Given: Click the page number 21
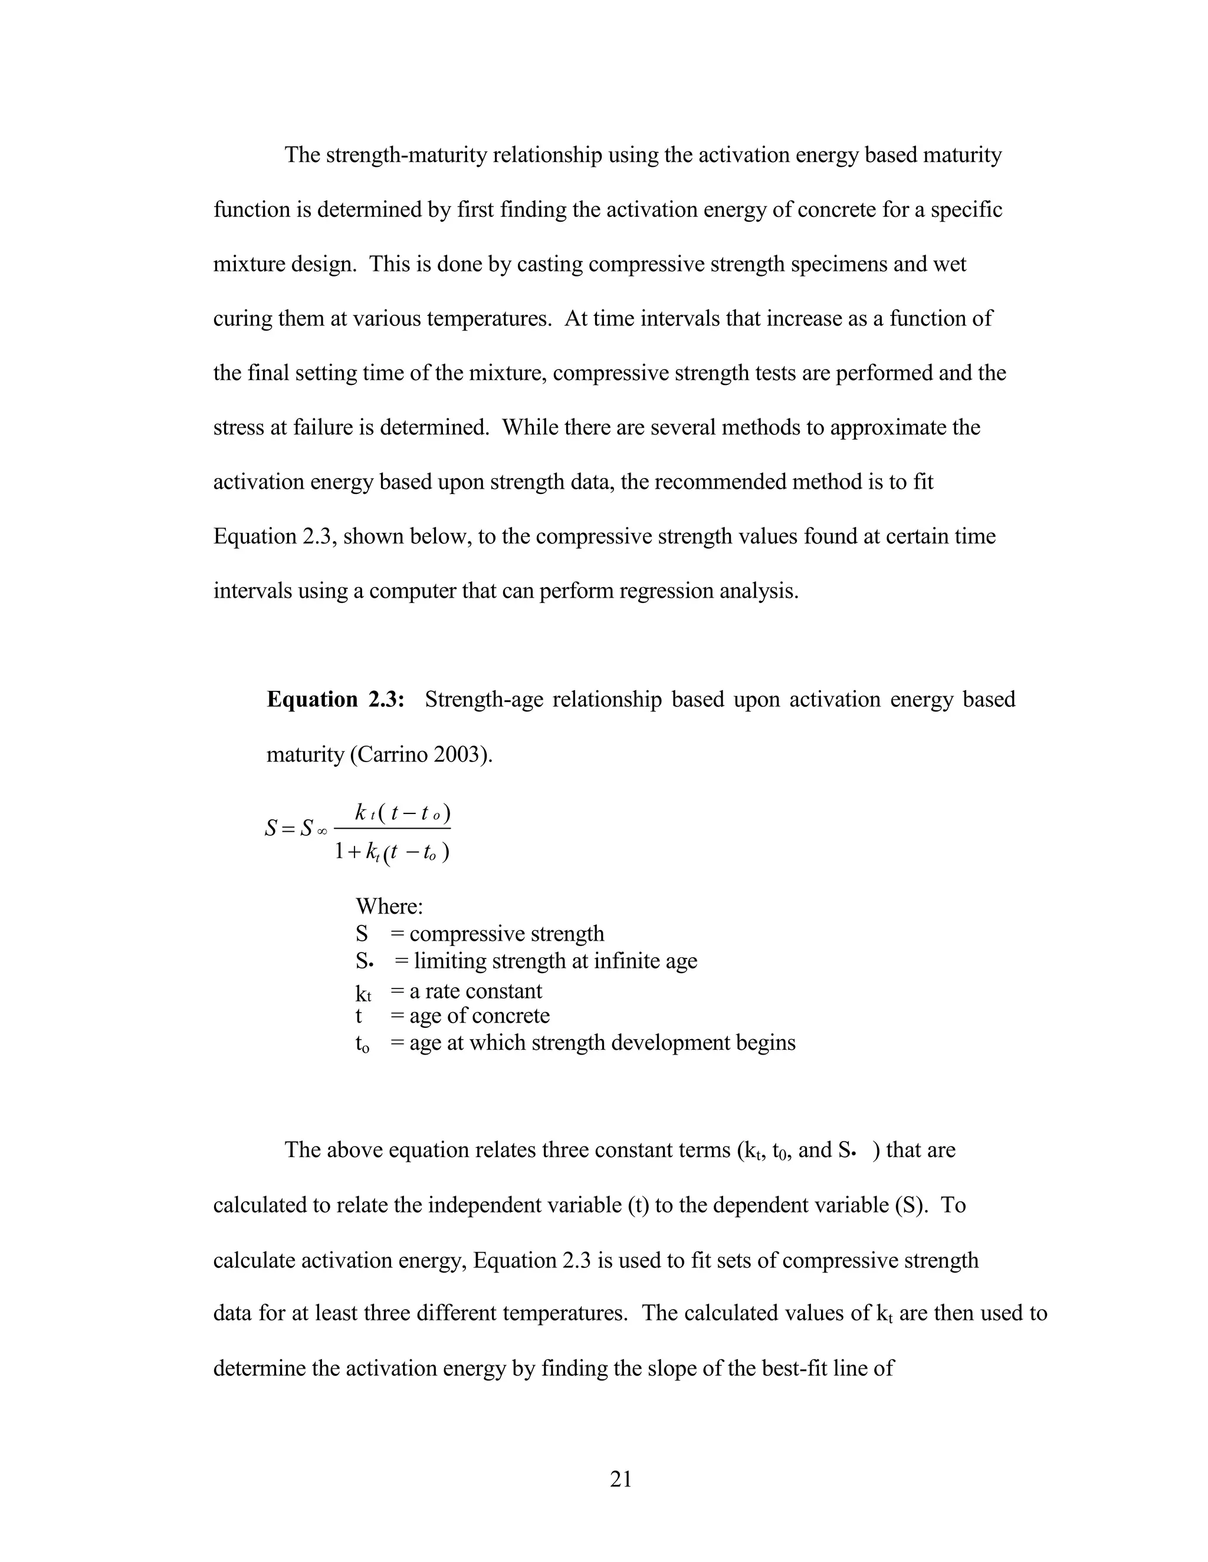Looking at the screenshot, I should tap(621, 1478).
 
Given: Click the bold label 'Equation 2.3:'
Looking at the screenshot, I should tap(336, 700).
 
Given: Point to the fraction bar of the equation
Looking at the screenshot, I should tap(392, 829).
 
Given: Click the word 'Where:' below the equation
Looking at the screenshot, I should tap(389, 907).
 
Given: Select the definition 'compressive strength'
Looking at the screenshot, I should tap(507, 934).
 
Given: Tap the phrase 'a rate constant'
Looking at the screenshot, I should tap(476, 991).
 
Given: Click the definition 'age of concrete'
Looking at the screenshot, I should tap(480, 1016).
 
